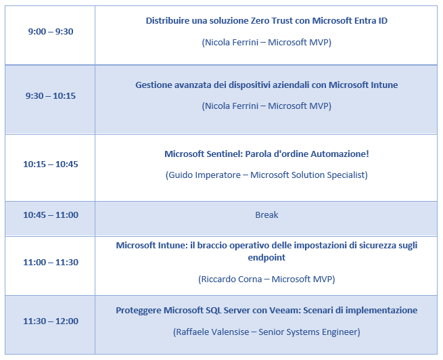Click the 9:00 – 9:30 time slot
51,31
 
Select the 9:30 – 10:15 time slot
51,96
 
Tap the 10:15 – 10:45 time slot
51,164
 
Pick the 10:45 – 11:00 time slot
51,215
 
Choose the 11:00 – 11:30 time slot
51,263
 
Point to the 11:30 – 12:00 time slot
51,321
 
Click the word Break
266,215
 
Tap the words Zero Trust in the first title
272,20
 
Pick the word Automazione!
340,154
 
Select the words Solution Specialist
328,175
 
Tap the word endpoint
266,258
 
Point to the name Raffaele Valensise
212,332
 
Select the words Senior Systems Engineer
308,332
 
